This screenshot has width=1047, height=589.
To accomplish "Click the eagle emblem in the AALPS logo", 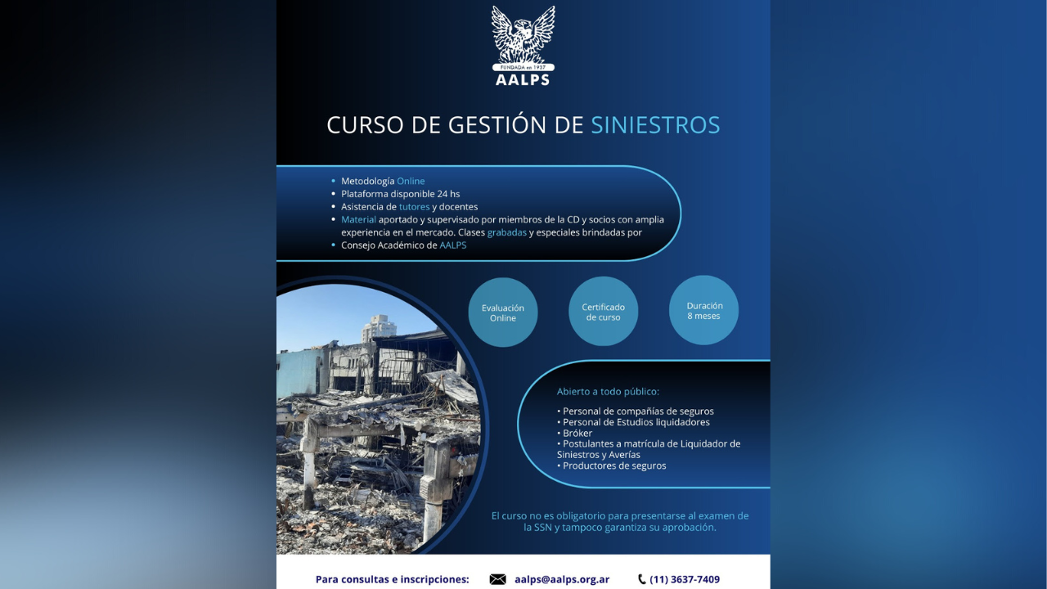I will [x=523, y=34].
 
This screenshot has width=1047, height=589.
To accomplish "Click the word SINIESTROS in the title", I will [x=655, y=125].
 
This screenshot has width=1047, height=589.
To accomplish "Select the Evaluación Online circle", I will [x=503, y=312].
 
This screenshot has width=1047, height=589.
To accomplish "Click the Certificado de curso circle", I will [x=604, y=312].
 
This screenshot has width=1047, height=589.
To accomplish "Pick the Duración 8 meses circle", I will [x=703, y=310].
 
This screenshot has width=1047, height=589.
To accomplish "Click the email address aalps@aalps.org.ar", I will [x=562, y=579].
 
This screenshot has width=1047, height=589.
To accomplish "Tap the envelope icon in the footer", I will [x=497, y=579].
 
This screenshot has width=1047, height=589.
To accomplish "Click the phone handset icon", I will [x=642, y=579].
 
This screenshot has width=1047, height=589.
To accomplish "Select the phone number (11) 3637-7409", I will [x=685, y=579].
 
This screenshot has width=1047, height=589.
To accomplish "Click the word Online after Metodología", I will [x=411, y=181].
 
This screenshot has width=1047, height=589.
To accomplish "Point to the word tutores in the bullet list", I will [x=414, y=207].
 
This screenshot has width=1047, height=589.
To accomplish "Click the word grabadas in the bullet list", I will [x=507, y=232].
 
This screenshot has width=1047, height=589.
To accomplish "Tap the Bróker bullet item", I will [x=577, y=433].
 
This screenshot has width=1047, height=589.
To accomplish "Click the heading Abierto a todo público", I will [x=608, y=392].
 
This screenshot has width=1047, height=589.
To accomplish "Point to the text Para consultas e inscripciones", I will [x=393, y=579].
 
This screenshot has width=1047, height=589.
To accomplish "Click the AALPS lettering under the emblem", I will [x=523, y=80].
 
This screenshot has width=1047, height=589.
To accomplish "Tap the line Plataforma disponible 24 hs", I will [x=400, y=194].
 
